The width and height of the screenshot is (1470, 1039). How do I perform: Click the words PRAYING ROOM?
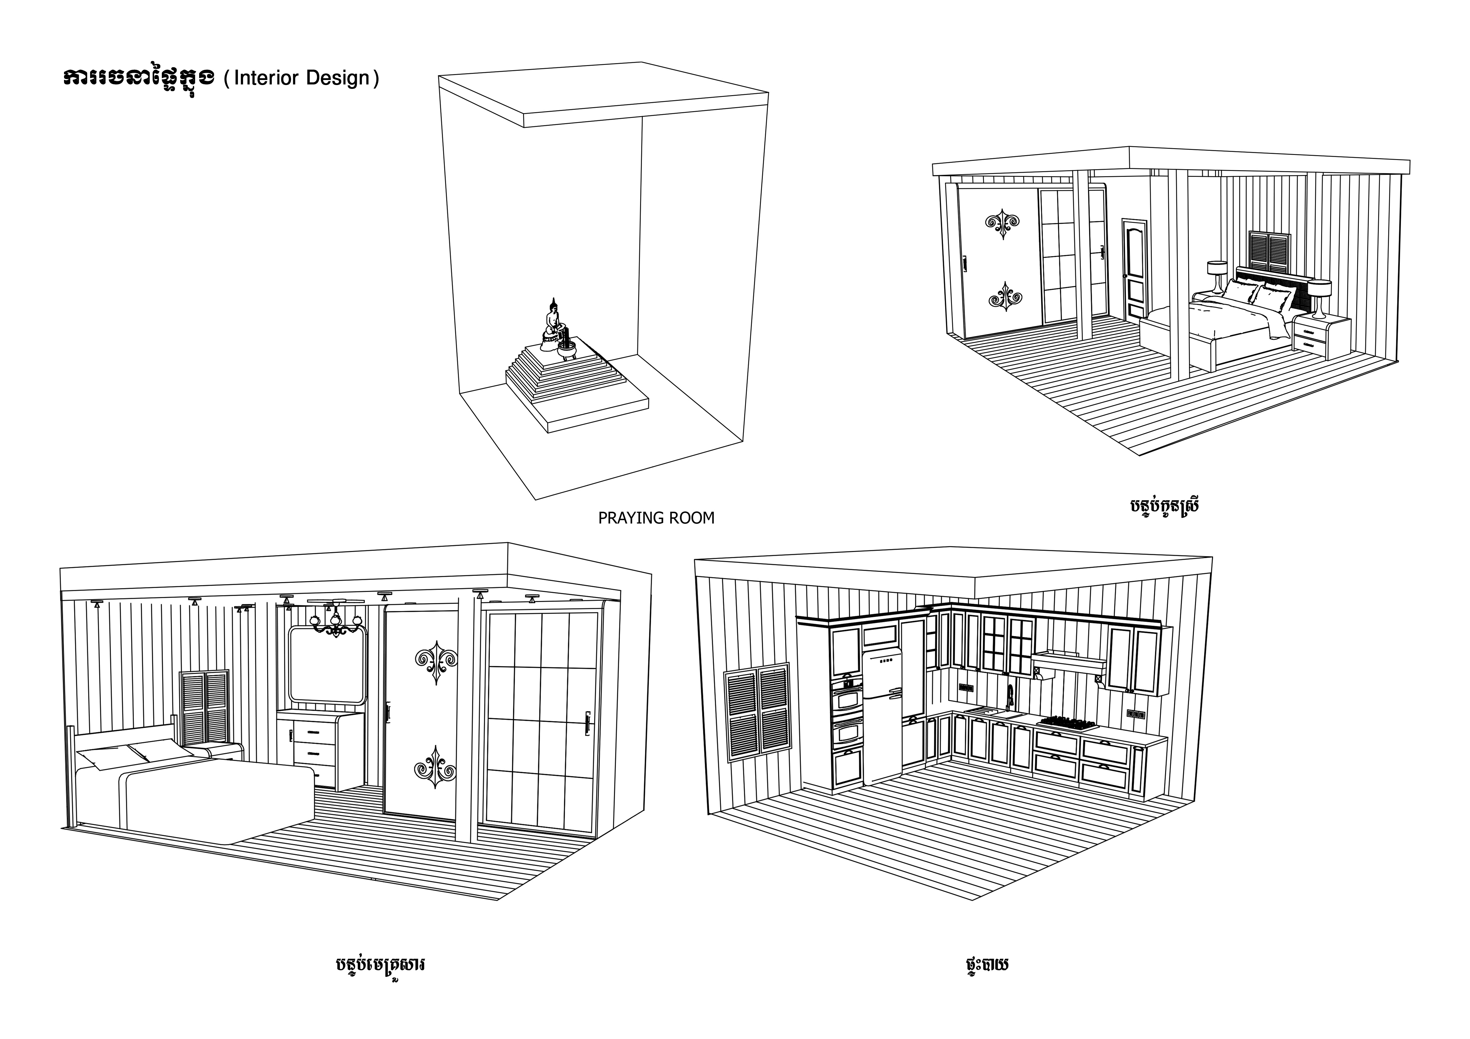[656, 518]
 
